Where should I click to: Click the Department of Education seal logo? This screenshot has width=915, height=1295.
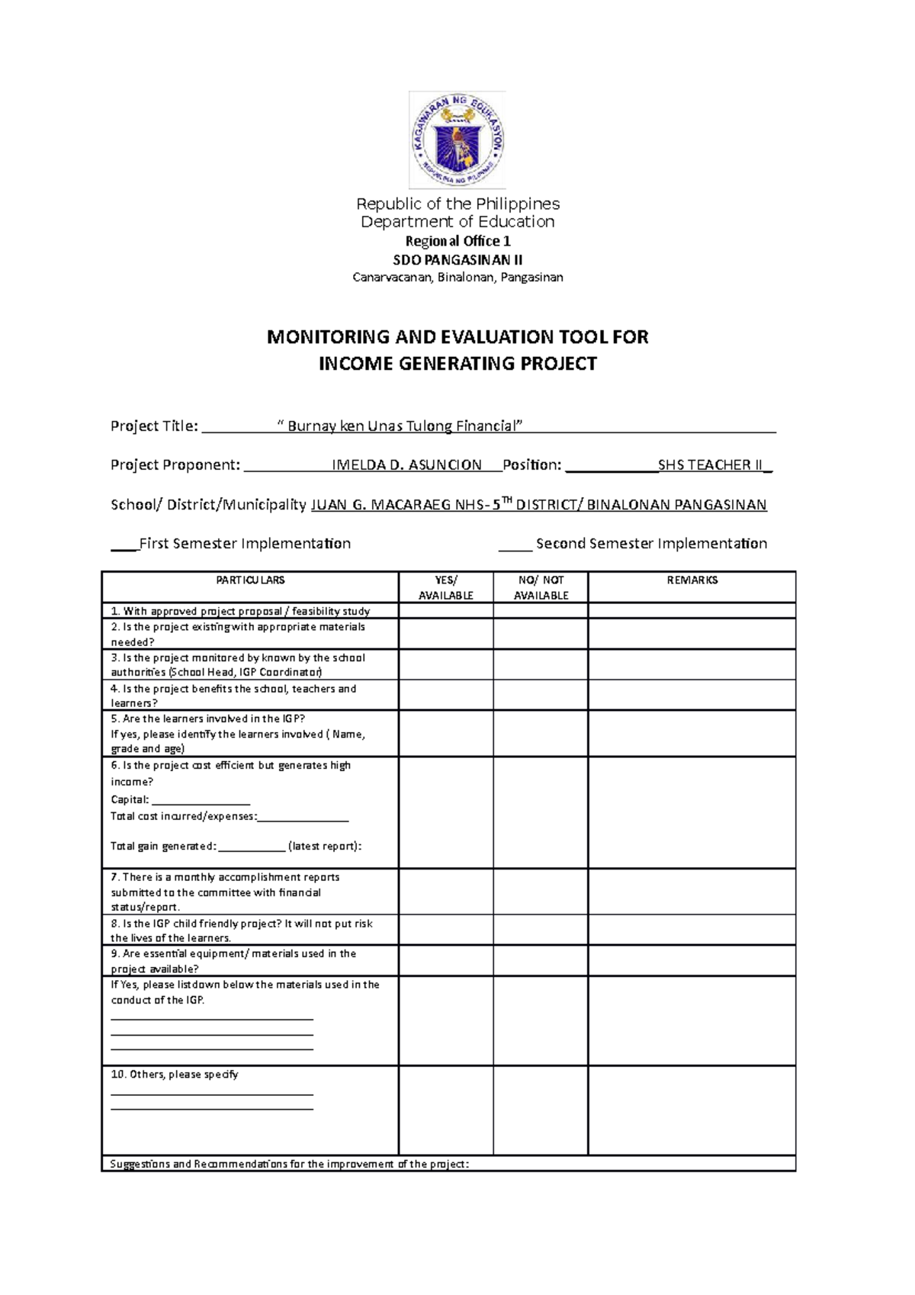click(457, 140)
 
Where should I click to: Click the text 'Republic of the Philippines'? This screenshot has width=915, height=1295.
click(457, 204)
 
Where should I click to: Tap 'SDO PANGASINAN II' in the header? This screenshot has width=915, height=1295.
click(457, 259)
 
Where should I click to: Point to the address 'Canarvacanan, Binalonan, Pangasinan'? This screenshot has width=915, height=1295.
click(457, 277)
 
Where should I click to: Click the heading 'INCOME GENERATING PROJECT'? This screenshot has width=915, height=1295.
click(457, 364)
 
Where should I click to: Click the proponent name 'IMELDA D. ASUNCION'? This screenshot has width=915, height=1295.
click(407, 465)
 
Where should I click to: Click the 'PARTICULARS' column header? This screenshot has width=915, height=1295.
click(250, 580)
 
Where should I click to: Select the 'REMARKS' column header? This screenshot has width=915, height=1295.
click(692, 580)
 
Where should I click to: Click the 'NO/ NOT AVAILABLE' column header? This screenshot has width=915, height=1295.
click(541, 587)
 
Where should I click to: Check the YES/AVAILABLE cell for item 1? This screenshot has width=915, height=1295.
click(445, 611)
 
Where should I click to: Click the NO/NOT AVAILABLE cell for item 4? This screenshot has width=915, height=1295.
click(541, 695)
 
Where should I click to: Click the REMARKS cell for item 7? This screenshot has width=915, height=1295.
click(692, 892)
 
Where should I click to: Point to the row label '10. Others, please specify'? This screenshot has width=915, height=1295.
click(175, 1075)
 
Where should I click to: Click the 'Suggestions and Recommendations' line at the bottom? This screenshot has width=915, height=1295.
click(290, 1165)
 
